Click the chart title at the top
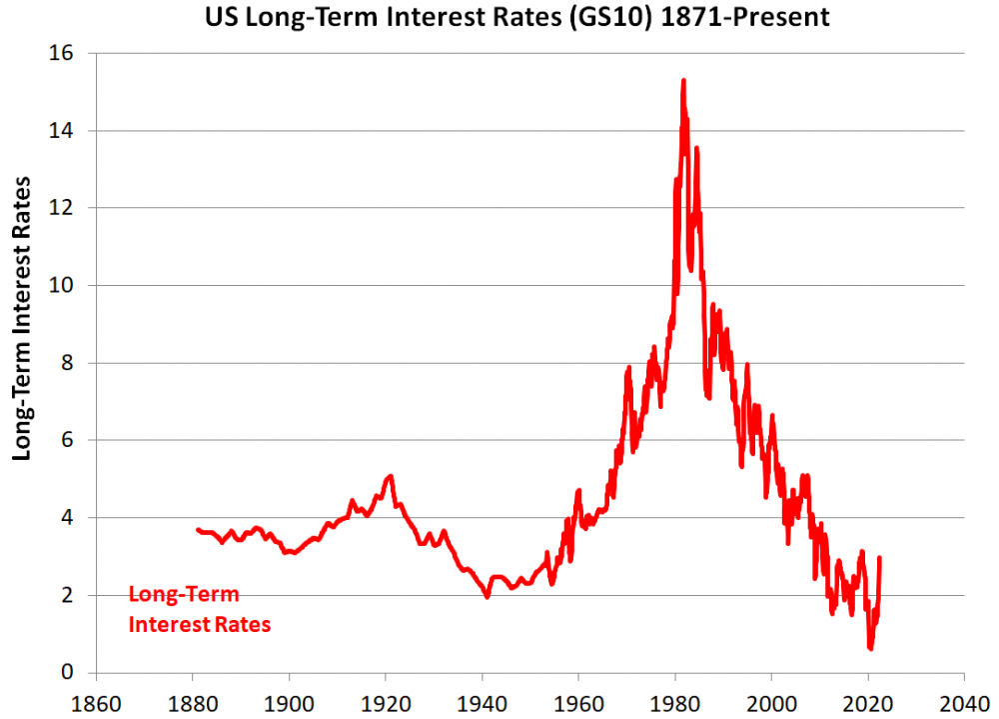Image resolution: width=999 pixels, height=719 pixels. (x=516, y=17)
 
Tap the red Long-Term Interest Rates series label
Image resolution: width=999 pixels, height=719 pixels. (x=199, y=610)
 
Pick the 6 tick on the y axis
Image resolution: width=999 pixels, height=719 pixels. (x=80, y=440)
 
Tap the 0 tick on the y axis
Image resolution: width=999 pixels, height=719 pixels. (x=80, y=672)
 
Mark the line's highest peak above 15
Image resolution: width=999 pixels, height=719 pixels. (x=683, y=80)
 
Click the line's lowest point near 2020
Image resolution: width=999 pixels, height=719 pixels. (x=871, y=648)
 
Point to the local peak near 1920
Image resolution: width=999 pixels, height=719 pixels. (x=391, y=476)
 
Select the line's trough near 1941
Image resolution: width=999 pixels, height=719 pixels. (x=488, y=597)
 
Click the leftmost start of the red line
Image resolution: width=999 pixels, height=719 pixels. (x=198, y=530)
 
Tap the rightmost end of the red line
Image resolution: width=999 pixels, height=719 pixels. (x=879, y=558)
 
